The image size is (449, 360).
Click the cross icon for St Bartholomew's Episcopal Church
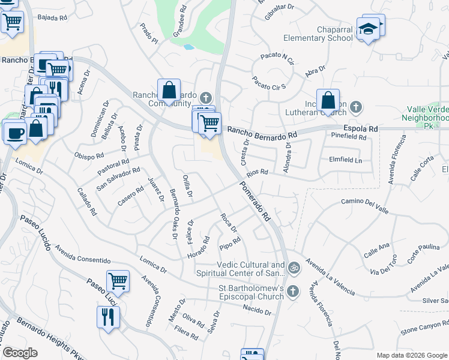pos(293,292)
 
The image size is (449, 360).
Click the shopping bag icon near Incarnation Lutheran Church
pos(328,101)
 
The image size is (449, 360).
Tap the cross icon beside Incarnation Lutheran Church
pos(356,107)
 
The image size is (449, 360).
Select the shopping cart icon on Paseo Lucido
pos(118,280)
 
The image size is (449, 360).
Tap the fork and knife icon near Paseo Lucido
pos(108,316)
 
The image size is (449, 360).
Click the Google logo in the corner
pos(20,353)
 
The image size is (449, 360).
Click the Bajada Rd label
pos(52,18)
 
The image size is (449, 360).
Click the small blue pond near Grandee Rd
pos(188,46)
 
